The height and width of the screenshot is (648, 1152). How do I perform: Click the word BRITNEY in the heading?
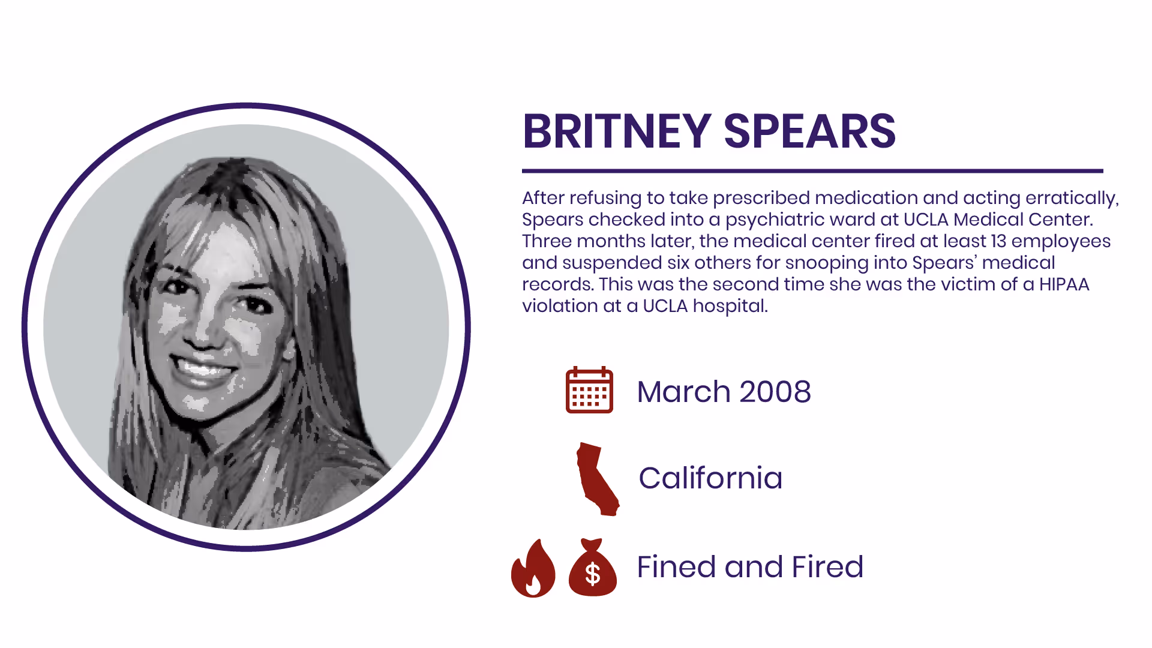pos(617,131)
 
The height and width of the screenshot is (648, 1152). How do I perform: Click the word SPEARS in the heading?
pos(809,131)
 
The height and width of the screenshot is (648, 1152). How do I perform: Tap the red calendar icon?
pos(589,390)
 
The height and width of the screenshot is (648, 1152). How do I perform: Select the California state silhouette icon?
pos(596,479)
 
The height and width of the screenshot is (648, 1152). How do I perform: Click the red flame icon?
pos(533,569)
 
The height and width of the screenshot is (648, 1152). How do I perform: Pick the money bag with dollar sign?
pos(592,569)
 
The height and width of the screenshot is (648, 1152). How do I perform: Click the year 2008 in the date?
pos(775,392)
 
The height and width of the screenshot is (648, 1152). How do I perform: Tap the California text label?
pos(710,478)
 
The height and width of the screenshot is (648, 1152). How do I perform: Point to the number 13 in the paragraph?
pos(998,241)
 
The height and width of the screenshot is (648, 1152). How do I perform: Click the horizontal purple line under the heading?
pos(812,171)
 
